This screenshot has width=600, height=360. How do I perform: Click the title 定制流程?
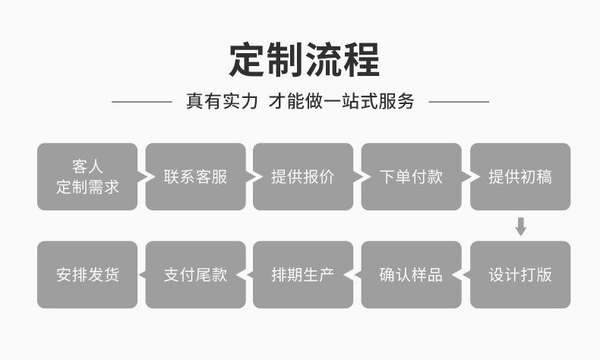tap(305, 60)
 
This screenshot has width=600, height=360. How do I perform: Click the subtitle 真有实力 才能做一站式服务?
tap(300, 101)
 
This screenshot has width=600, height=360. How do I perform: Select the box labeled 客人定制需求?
tap(87, 177)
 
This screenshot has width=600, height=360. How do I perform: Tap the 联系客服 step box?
tap(195, 177)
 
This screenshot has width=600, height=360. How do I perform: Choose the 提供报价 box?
tap(303, 177)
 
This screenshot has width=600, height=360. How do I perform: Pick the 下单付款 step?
tap(412, 177)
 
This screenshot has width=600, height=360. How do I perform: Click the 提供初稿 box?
tap(520, 177)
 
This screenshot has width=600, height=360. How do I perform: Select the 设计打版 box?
tap(520, 275)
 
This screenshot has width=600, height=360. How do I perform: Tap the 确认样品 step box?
tap(412, 275)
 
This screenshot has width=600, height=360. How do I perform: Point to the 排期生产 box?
tap(303, 275)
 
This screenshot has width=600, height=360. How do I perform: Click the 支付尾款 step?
tap(195, 275)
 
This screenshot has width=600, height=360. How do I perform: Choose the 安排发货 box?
tap(87, 275)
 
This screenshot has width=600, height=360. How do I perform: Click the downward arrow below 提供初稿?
tap(521, 226)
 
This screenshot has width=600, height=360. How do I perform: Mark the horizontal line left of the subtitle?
tap(142, 102)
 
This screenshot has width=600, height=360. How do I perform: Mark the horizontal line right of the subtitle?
tap(459, 102)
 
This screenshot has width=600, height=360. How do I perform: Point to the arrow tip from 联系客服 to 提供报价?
tap(263, 177)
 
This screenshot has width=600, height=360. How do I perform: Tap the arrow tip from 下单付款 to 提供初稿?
tap(479, 177)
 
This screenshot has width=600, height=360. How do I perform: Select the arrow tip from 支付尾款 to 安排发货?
tap(138, 275)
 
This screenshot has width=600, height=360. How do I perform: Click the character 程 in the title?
tap(362, 60)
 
